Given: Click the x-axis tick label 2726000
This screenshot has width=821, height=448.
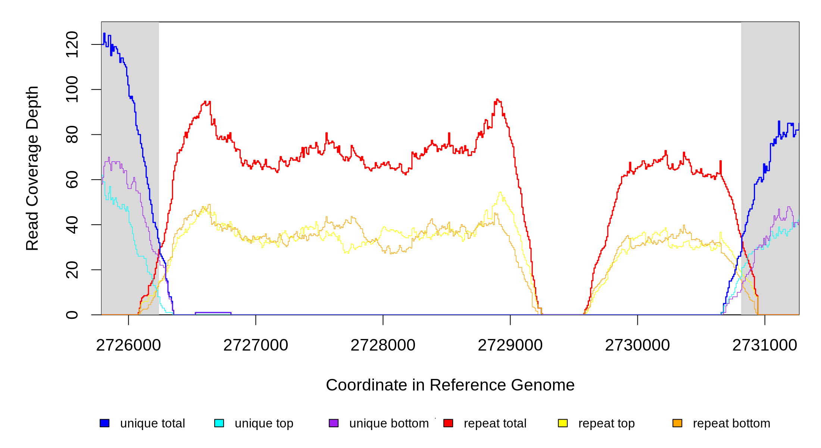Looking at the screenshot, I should (128, 345).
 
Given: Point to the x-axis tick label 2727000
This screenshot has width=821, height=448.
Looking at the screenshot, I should (256, 345).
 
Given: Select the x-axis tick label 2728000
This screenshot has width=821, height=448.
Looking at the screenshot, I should (383, 345).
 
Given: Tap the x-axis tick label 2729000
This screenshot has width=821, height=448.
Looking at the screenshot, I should (510, 345).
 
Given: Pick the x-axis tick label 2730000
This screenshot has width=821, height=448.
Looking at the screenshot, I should (637, 345).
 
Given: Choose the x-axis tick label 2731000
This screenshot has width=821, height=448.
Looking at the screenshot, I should (765, 345).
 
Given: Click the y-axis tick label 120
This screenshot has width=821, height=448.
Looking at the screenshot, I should (72, 44).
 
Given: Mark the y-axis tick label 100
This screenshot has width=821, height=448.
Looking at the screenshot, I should (72, 90).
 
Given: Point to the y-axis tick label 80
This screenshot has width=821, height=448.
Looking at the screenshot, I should (72, 135).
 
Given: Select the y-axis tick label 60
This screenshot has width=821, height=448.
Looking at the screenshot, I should (72, 180).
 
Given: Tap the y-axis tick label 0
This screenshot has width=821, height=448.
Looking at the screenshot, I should (72, 315).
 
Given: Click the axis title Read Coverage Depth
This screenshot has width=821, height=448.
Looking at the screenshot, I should (32, 168).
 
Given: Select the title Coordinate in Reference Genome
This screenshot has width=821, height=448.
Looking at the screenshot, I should (450, 385).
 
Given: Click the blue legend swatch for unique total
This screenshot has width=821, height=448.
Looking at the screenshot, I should (104, 423).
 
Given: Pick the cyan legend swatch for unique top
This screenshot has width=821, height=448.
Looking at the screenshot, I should (219, 423).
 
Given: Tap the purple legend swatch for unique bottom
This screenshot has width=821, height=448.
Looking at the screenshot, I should (334, 423).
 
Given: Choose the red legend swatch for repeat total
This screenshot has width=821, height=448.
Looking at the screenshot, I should (448, 423).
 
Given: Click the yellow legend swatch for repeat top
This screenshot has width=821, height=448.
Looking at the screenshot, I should (563, 423).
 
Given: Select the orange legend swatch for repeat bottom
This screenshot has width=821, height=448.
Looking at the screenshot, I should (677, 423).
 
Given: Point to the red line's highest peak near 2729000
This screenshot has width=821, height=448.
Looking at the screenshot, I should (497, 100).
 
